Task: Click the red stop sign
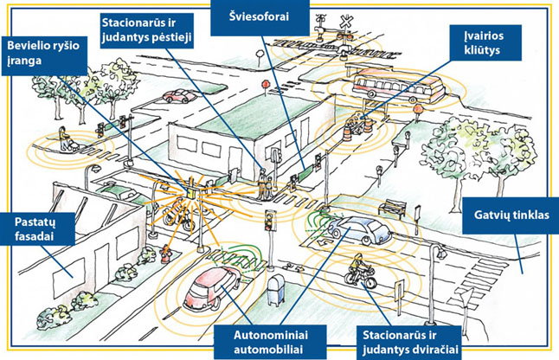tap(266, 86)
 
